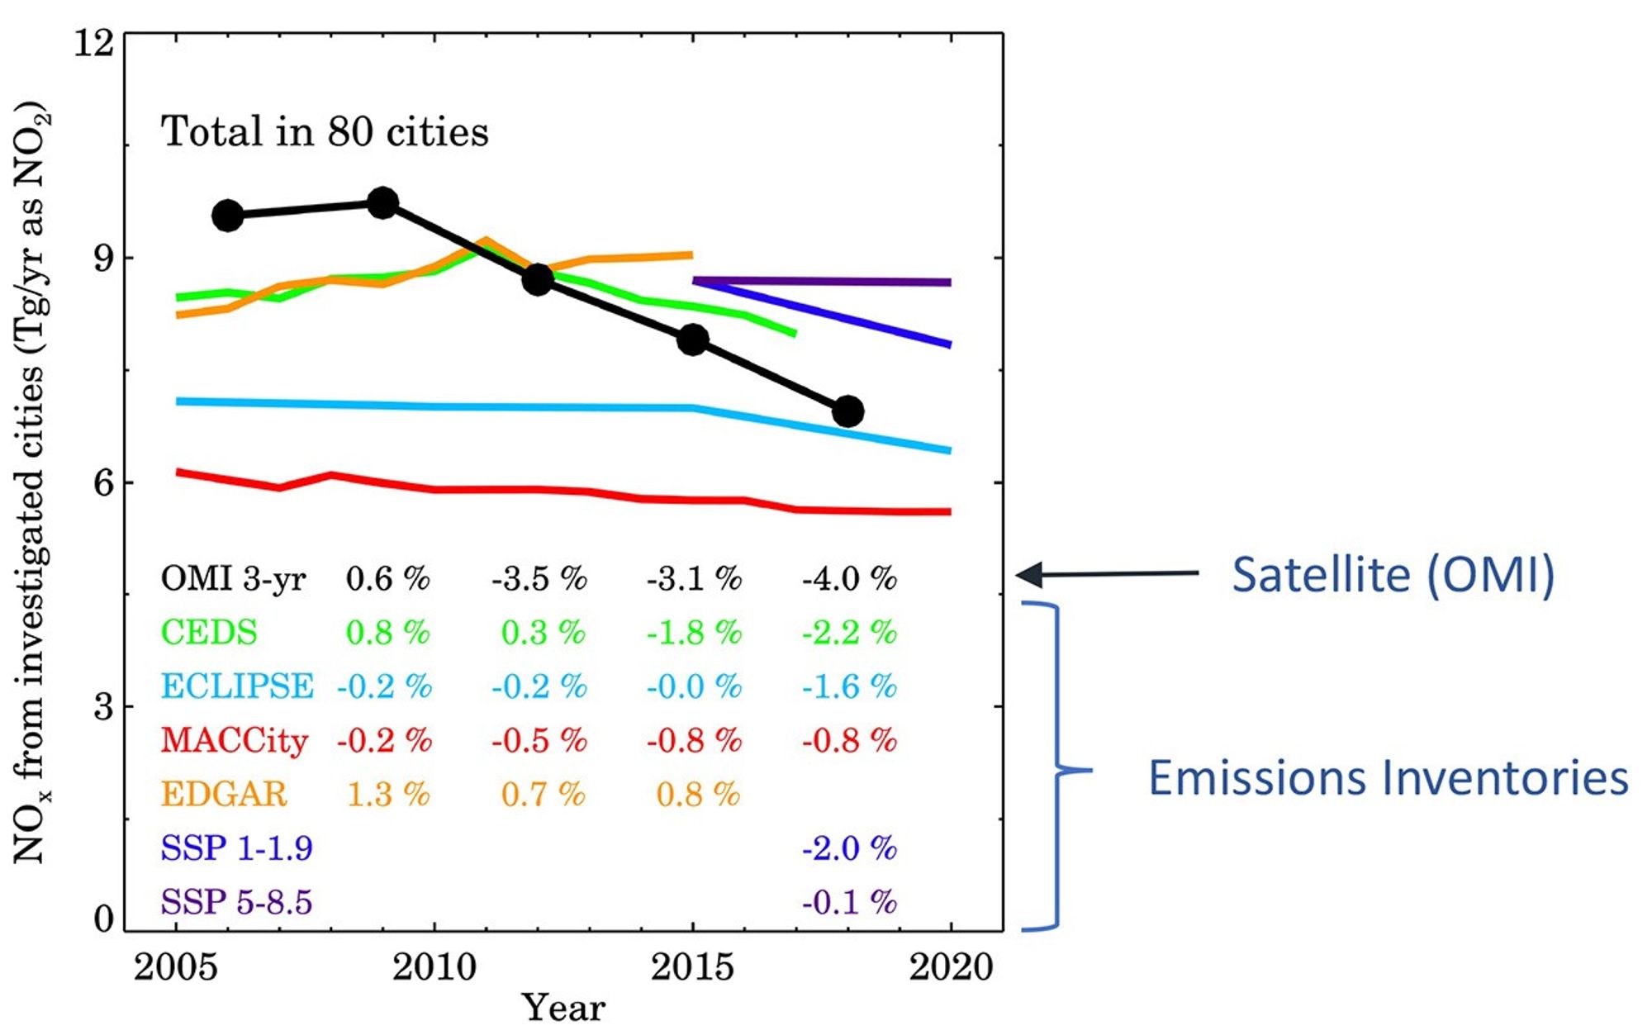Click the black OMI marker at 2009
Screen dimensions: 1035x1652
[382, 203]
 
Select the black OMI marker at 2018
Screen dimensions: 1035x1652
[847, 411]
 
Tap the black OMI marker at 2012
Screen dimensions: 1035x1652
[538, 280]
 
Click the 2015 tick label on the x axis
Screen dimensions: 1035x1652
[692, 967]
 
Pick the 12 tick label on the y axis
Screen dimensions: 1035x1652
[93, 42]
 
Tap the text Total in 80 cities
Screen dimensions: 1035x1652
[325, 132]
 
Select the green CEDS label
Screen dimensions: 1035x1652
[209, 634]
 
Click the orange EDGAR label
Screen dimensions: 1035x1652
[223, 795]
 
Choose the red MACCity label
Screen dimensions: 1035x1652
[234, 741]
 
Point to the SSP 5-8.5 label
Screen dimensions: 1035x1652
[236, 902]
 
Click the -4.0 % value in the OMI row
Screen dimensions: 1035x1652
[848, 579]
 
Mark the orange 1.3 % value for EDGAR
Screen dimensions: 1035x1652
[387, 795]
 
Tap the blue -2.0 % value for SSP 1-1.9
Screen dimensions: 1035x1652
[848, 848]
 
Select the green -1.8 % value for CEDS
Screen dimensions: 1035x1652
[693, 634]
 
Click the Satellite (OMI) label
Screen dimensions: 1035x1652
[1393, 575]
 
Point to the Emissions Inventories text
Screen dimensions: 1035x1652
[1388, 778]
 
